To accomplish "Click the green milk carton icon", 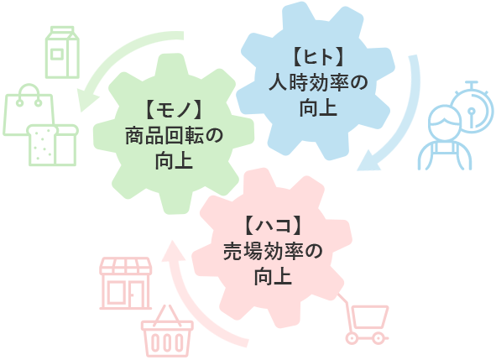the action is [62, 52].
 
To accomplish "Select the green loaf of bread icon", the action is [53, 145].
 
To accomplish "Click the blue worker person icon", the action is [445, 138].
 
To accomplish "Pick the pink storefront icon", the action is [126, 283].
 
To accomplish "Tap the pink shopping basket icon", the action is [167, 331].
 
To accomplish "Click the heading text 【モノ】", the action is [174, 109].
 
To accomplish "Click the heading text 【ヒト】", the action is [318, 57].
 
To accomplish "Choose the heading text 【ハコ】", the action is [273, 226].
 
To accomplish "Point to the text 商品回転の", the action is [174, 135].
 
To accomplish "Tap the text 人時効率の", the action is [318, 83].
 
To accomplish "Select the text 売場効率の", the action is [273, 252].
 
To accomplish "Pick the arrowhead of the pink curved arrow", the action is [173, 253].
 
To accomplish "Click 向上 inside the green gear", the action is [174, 161].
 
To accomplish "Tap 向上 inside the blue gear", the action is [318, 108].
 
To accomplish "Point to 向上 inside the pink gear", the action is [273, 277].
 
